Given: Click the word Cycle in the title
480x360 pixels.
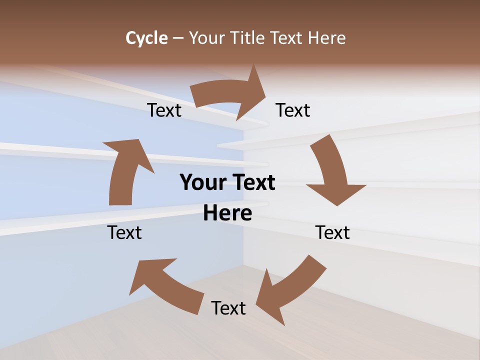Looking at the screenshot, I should click(x=146, y=38).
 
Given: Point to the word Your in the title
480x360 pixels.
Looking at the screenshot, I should click(x=206, y=38).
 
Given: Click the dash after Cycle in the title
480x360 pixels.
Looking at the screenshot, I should click(x=178, y=38).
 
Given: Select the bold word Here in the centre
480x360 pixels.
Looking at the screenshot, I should click(x=227, y=213).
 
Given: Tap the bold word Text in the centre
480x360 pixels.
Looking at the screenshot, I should click(x=252, y=182).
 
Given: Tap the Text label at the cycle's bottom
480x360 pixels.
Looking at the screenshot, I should click(x=228, y=308).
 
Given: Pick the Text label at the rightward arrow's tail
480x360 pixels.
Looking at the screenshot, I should click(x=164, y=110).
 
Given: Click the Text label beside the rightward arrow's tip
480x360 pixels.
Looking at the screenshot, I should click(x=293, y=110).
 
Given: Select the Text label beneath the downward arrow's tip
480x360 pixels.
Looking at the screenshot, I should click(x=332, y=232).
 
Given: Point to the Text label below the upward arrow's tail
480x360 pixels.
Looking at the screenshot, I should click(x=124, y=232).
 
